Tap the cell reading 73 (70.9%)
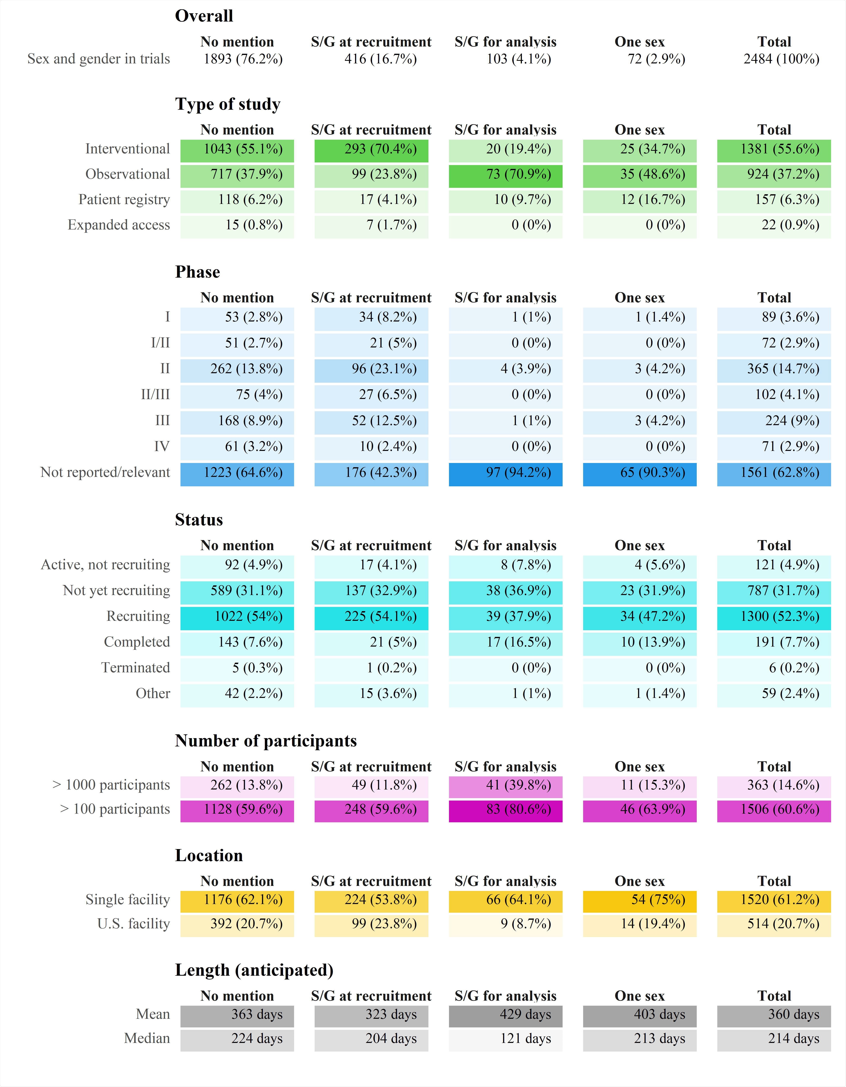click(505, 175)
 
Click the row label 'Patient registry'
click(124, 199)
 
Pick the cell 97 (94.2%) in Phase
click(505, 473)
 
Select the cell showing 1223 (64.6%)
click(237, 473)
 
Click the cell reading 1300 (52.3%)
click(774, 617)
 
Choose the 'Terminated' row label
click(135, 668)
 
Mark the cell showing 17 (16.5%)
click(505, 643)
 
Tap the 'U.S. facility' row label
click(134, 924)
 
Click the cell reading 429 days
click(505, 1015)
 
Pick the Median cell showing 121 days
click(505, 1039)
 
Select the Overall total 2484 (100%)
click(781, 59)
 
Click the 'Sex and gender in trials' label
click(98, 59)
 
